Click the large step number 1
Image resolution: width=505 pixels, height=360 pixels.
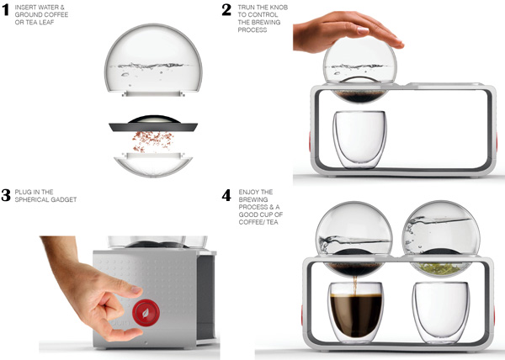coord(6,10)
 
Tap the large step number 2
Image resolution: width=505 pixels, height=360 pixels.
coord(226,10)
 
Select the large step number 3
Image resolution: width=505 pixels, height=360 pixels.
coord(6,195)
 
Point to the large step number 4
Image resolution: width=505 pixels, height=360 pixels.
coord(226,195)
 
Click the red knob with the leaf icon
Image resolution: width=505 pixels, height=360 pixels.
coord(146,313)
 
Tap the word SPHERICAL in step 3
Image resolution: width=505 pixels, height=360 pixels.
coord(30,200)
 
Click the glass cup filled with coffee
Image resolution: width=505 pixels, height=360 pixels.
coord(356,312)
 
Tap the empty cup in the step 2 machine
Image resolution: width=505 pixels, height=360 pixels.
coord(359,140)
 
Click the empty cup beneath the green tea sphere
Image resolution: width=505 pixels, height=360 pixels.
coord(441,312)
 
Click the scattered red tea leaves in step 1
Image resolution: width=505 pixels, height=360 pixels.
coord(152,141)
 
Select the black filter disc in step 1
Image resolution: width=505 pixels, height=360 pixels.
coord(153,124)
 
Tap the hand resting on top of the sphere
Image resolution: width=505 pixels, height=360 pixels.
coord(346,31)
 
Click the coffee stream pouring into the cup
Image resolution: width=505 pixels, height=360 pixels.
coord(355,285)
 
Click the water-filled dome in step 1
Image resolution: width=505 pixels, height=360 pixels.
coord(153,60)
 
